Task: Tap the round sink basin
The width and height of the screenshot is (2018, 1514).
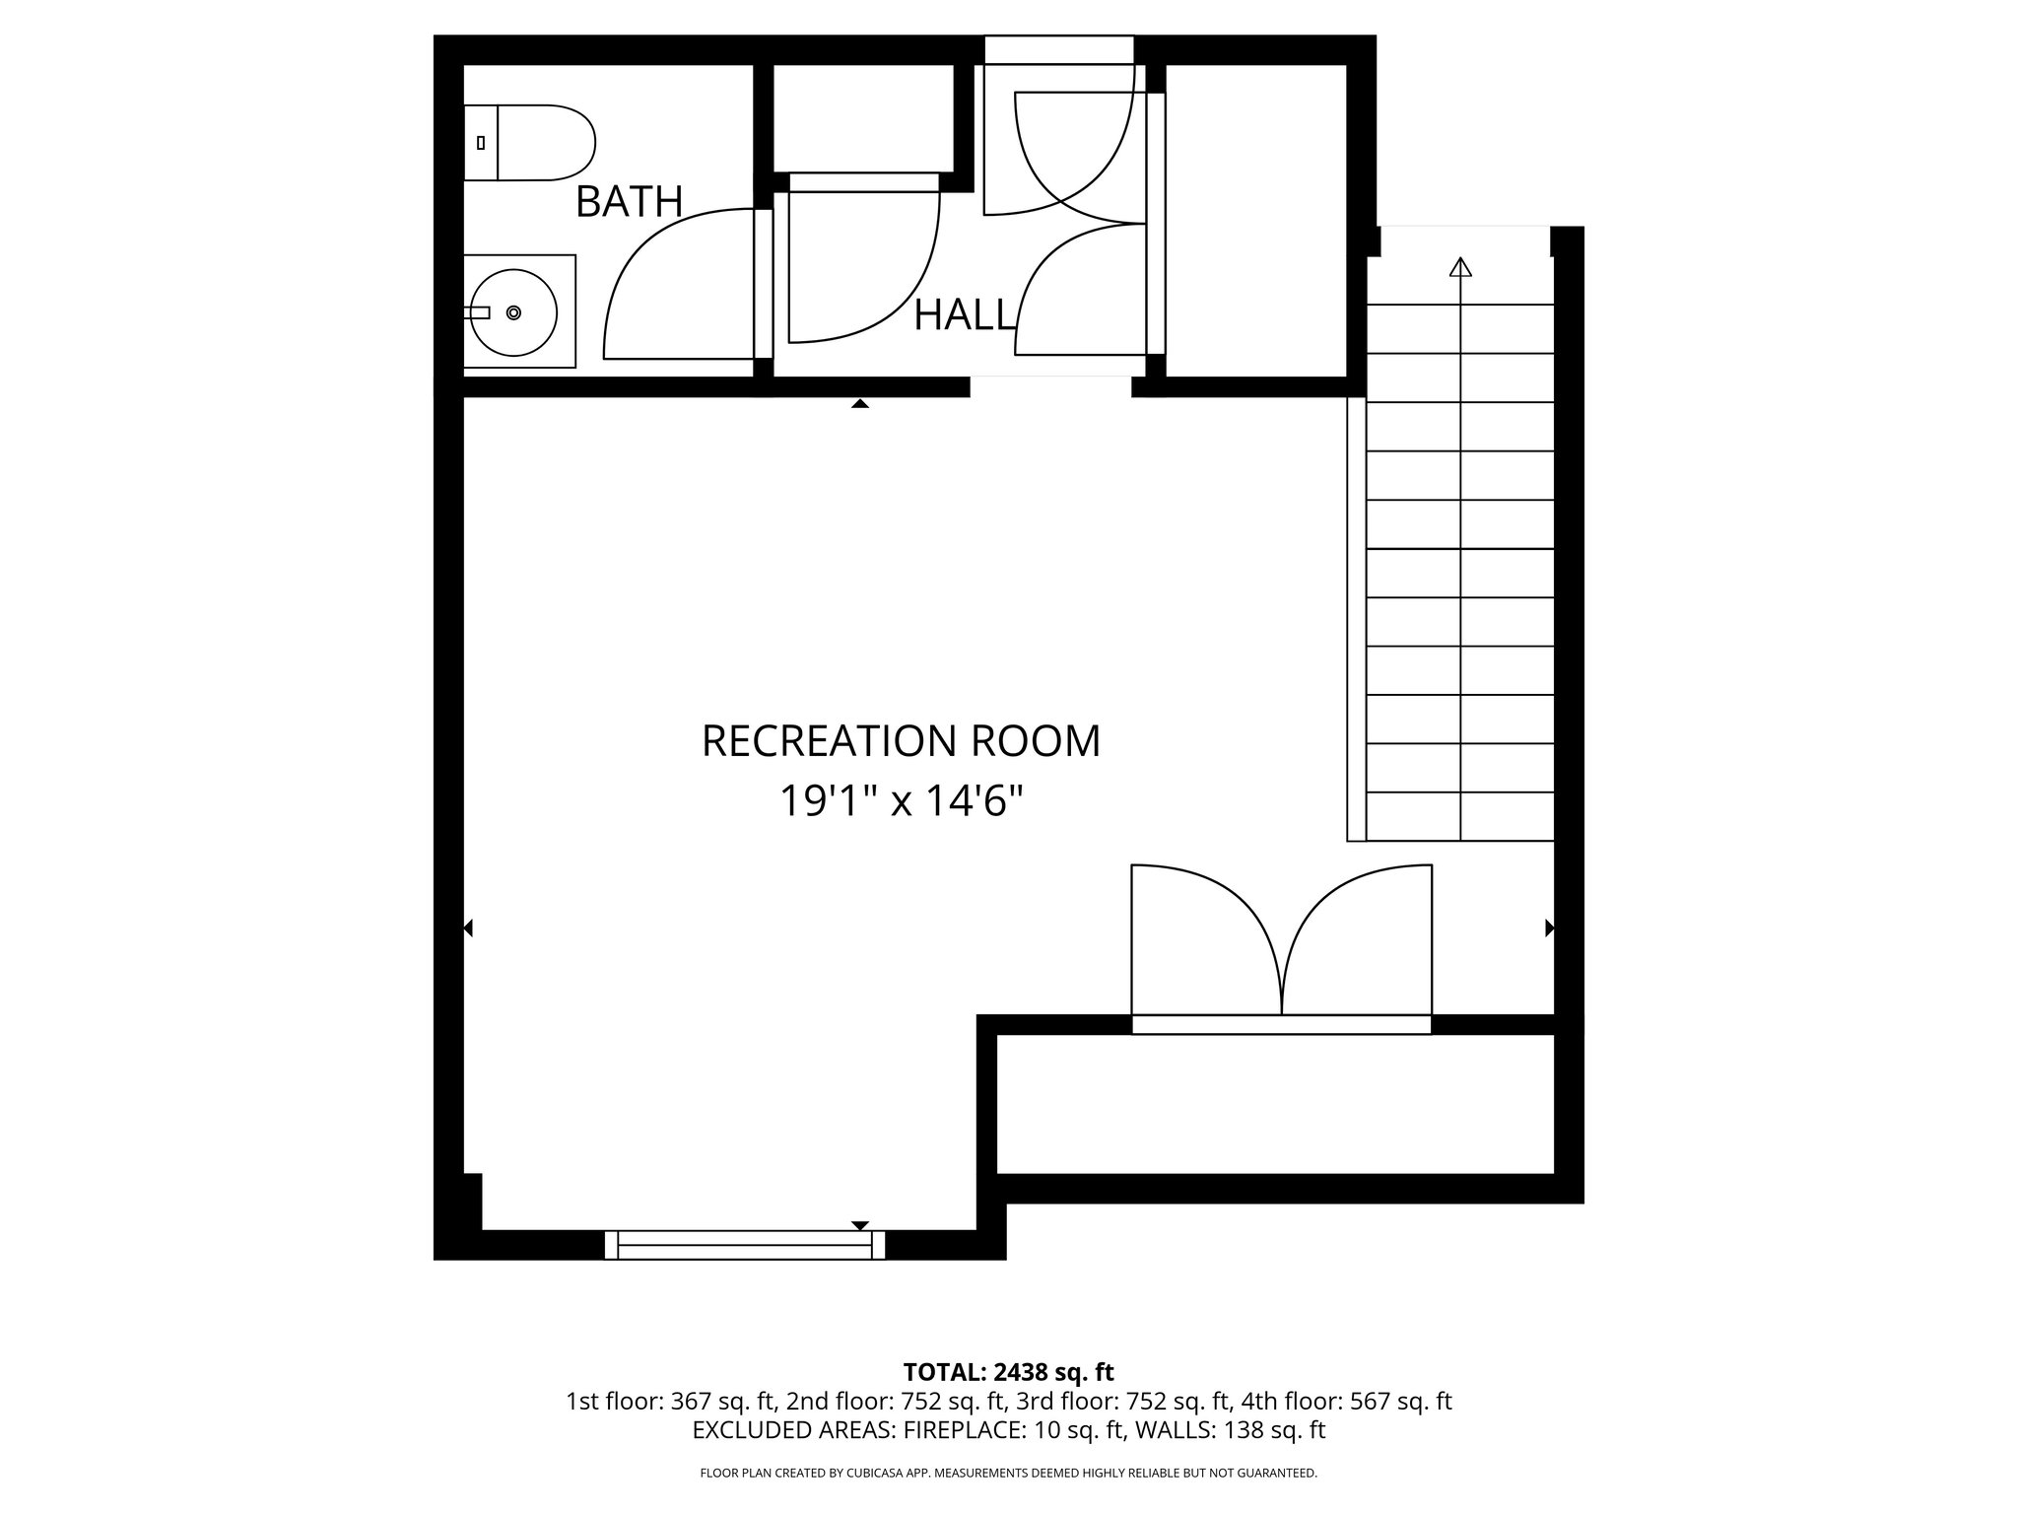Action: tap(512, 312)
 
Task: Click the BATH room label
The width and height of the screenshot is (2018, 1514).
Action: tap(629, 202)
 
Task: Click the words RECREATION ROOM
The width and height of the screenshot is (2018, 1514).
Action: tap(901, 741)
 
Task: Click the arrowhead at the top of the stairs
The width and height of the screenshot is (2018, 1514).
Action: tap(1460, 267)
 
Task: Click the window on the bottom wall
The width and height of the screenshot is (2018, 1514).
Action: tap(745, 1245)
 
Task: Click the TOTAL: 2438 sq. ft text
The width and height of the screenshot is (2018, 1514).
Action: tap(1008, 1372)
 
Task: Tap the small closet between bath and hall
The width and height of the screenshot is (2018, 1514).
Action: tap(863, 118)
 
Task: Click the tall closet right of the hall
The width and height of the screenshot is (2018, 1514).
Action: tap(1255, 221)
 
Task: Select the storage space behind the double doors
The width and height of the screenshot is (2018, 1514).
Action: tap(1275, 1104)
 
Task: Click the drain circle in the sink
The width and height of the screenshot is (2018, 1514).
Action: tap(513, 312)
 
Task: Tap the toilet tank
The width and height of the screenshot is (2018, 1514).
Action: tap(481, 143)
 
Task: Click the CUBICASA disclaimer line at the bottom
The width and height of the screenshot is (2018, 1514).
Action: tap(1008, 1473)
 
